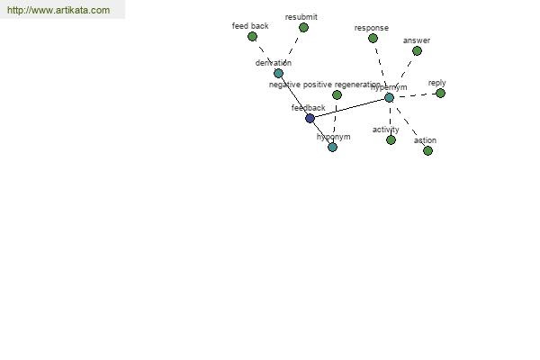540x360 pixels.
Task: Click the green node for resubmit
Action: point(303,28)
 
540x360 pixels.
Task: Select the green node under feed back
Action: point(252,37)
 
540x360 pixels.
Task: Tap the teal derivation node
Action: point(278,73)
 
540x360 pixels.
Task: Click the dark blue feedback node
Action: point(310,118)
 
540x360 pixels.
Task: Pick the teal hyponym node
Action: point(332,147)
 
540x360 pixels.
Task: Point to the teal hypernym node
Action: point(389,97)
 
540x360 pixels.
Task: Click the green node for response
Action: point(373,38)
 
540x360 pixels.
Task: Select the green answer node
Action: point(417,50)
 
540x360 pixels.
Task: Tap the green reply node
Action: point(440,93)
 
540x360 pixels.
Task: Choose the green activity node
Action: point(391,139)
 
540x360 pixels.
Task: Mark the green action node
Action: point(427,150)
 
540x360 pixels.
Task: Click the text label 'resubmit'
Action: point(301,17)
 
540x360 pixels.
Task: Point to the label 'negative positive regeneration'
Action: point(325,85)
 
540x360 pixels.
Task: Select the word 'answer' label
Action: point(416,40)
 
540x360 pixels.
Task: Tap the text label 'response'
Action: point(371,28)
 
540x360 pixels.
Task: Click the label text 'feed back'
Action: point(250,26)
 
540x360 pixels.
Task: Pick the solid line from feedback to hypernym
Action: point(349,108)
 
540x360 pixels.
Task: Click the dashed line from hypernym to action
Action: point(408,123)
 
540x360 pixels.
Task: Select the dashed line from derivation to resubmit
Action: point(291,50)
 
